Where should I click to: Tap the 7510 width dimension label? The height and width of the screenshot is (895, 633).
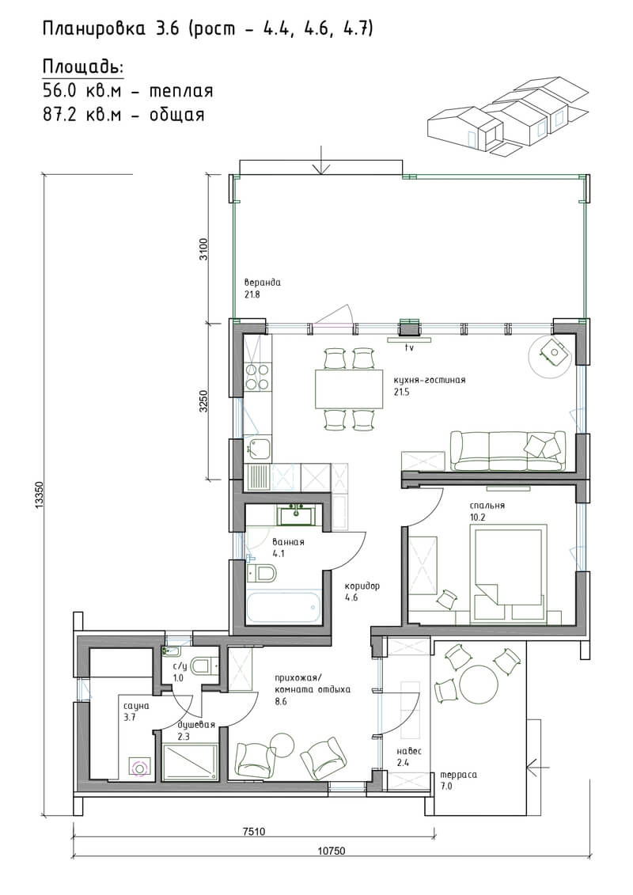(253, 832)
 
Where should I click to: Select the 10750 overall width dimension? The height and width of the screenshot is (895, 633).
(331, 851)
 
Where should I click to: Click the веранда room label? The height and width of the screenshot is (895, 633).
(263, 283)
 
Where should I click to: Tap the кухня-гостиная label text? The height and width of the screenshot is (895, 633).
(429, 380)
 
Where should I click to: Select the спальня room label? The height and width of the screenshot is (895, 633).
(487, 506)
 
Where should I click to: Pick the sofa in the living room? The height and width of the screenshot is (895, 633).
(508, 451)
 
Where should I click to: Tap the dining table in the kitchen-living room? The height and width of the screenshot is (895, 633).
(349, 389)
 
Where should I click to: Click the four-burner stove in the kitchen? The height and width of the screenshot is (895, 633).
(257, 377)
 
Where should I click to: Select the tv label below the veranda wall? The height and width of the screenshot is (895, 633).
(409, 347)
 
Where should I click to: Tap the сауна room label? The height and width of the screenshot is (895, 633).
(136, 706)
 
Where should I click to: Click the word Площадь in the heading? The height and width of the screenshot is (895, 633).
(83, 67)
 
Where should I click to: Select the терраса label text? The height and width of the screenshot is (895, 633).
(458, 776)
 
